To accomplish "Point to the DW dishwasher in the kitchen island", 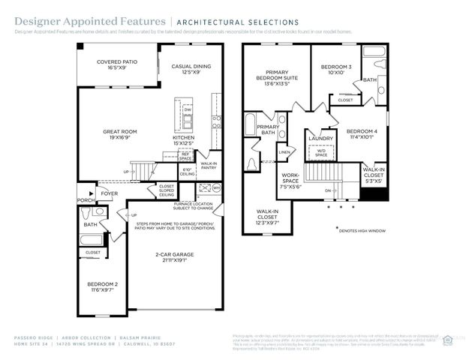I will click(188, 109).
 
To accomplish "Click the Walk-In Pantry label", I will click(209, 165).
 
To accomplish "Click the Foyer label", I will click(110, 193).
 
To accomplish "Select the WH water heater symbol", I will click(216, 187).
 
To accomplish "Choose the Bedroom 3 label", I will click(332, 70).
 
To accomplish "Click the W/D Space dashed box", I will click(320, 153).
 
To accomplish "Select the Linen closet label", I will click(284, 152).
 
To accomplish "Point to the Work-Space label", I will click(290, 179).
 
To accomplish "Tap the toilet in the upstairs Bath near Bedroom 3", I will click(374, 64).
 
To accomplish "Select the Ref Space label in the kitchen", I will click(185, 156).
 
